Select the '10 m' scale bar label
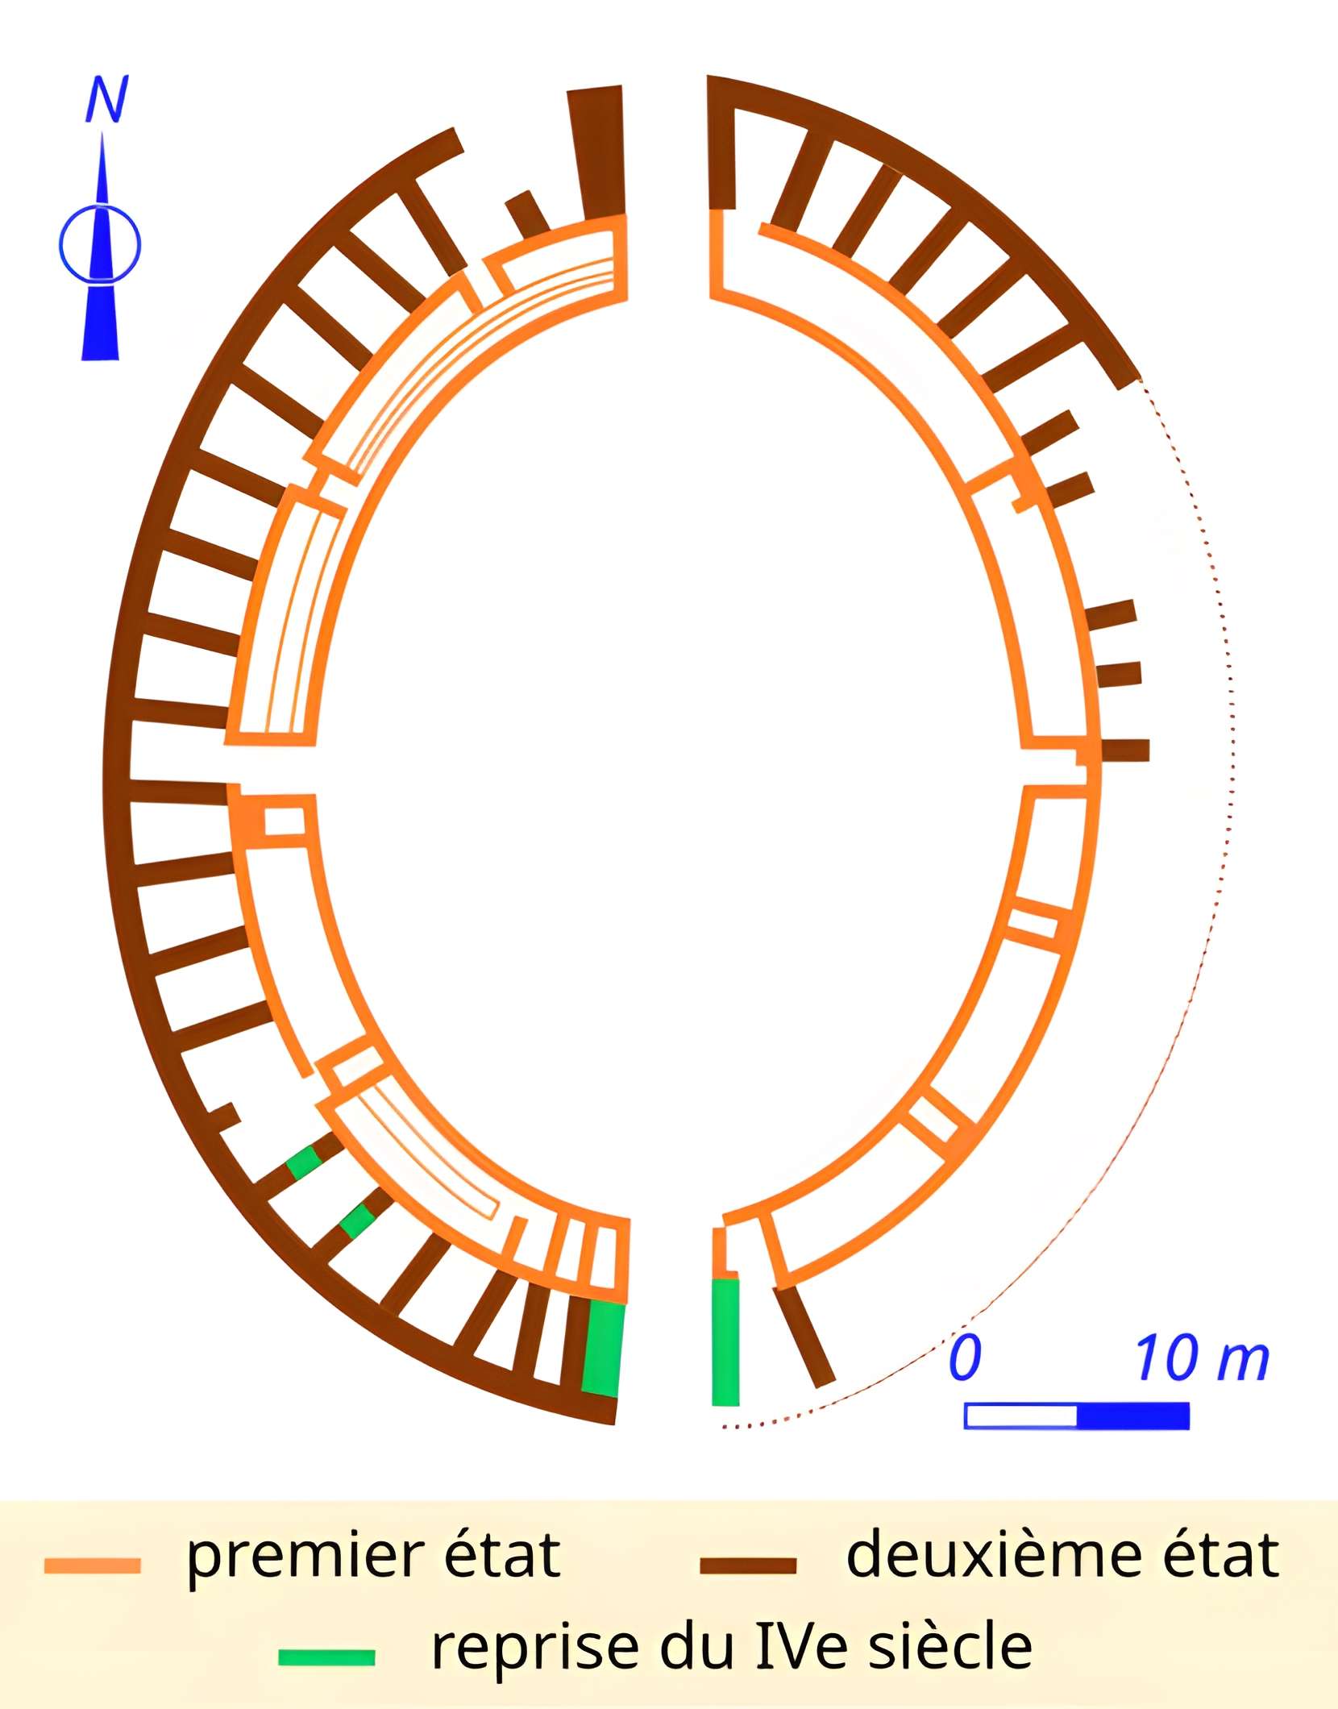coord(1202,1358)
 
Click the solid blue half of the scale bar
coord(1132,1416)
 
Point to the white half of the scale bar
coord(1020,1416)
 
